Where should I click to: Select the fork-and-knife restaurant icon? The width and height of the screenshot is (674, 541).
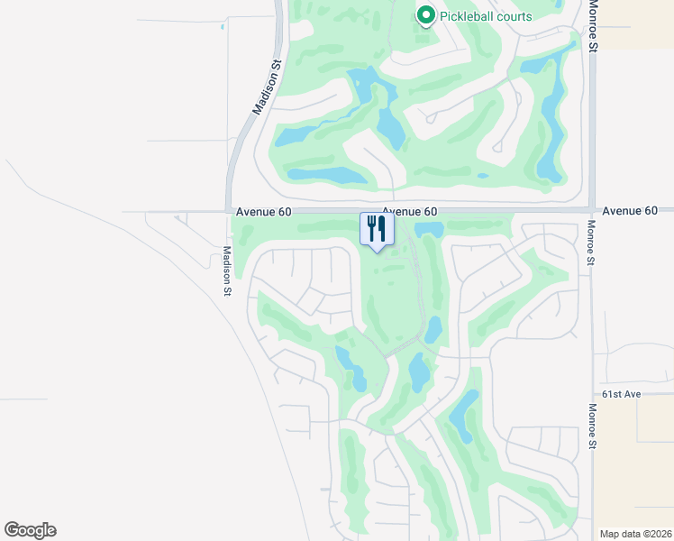coord(377,228)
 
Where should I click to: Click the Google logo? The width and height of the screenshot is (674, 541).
coord(30,530)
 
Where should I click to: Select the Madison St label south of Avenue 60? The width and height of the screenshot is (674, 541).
coord(228,271)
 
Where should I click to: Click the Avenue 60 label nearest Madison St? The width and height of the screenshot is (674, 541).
coord(264,211)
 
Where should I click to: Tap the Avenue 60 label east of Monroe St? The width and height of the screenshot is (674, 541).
coord(630,211)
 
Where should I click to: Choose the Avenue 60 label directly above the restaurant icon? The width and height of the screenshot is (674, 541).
coord(402,211)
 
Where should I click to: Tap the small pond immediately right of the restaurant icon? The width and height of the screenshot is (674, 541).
coord(428,229)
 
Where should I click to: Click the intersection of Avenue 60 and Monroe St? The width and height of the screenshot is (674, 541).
coord(592,210)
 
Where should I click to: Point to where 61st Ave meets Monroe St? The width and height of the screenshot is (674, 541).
coord(592,395)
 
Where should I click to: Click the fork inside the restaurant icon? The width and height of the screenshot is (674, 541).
coord(370,227)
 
